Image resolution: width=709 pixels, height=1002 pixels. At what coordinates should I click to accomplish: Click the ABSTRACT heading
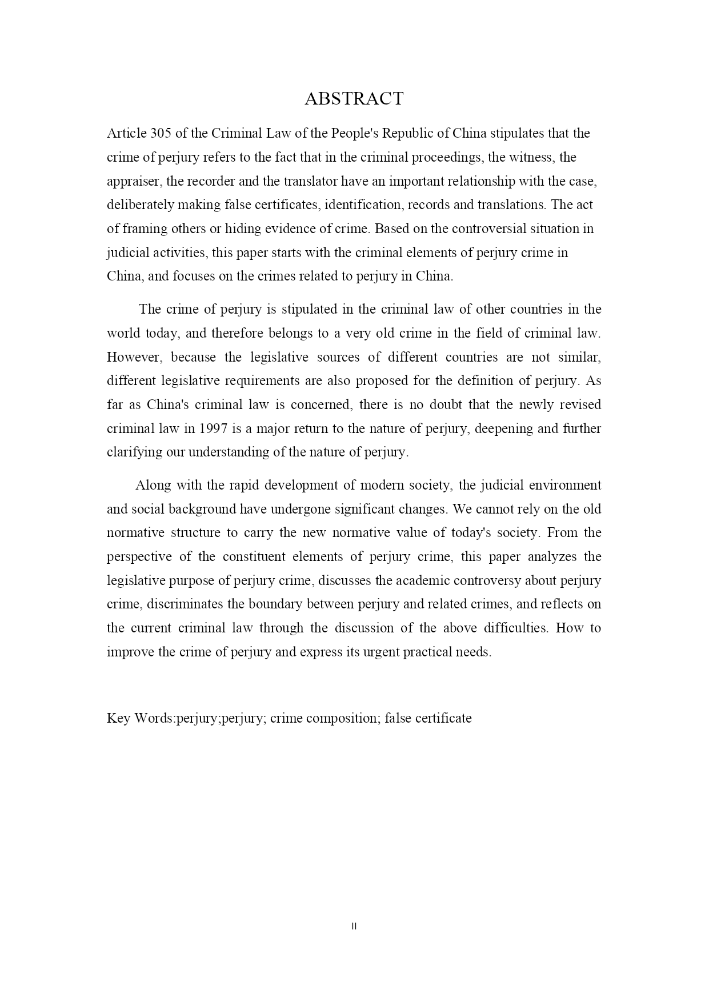click(x=354, y=99)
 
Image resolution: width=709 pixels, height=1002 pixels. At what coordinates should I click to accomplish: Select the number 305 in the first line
click(x=161, y=134)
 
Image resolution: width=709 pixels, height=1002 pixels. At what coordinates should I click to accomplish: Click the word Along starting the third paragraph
click(x=152, y=486)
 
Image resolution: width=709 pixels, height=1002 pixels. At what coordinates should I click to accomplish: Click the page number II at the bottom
click(x=354, y=927)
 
